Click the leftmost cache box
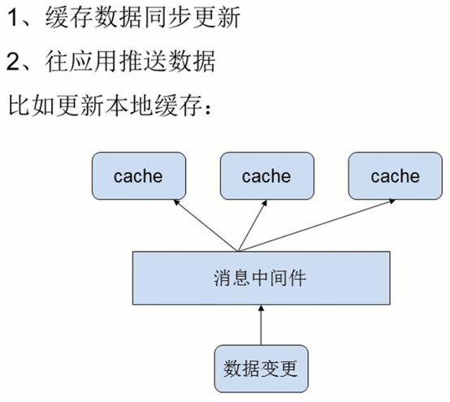click(138, 176)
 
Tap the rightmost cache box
click(396, 176)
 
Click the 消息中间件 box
click(259, 277)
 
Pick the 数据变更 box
click(261, 369)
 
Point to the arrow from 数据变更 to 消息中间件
click(261, 323)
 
